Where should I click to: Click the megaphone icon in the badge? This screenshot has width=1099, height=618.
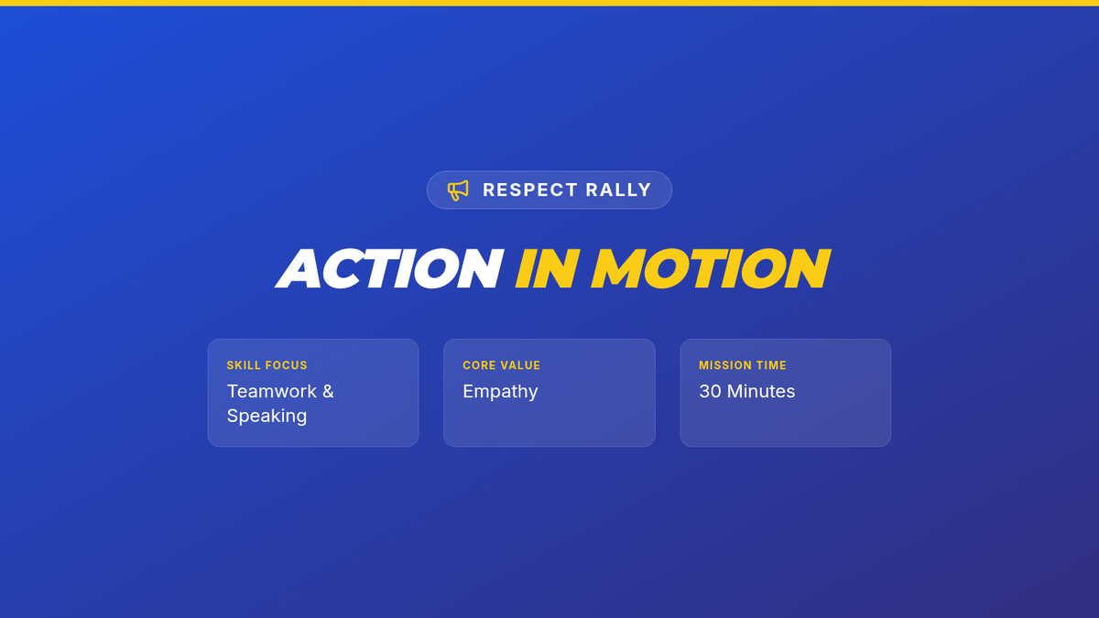pos(458,190)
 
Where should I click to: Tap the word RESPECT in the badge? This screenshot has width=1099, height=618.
pos(530,190)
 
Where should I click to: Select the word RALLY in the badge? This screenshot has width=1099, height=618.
pos(618,190)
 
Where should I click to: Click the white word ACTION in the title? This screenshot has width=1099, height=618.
pos(389,268)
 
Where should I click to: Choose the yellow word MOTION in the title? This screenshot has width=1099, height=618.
pos(711,268)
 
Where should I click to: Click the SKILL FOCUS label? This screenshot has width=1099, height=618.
pos(267,365)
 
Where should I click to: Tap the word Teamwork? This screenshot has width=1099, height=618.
pos(272,392)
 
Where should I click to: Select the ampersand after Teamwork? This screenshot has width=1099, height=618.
pos(328,392)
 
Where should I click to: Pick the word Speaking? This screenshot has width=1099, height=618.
pos(267,417)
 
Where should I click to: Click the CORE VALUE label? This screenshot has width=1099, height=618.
pos(502,365)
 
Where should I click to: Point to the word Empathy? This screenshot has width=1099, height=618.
pos(500,392)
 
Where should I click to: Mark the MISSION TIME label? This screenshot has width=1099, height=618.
pos(743,365)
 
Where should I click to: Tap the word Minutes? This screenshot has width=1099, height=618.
pos(761,392)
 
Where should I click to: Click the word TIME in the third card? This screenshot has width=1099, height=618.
pos(772,365)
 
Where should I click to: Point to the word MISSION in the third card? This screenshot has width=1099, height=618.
pos(725,365)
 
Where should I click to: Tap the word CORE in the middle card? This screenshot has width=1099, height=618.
pos(477,365)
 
